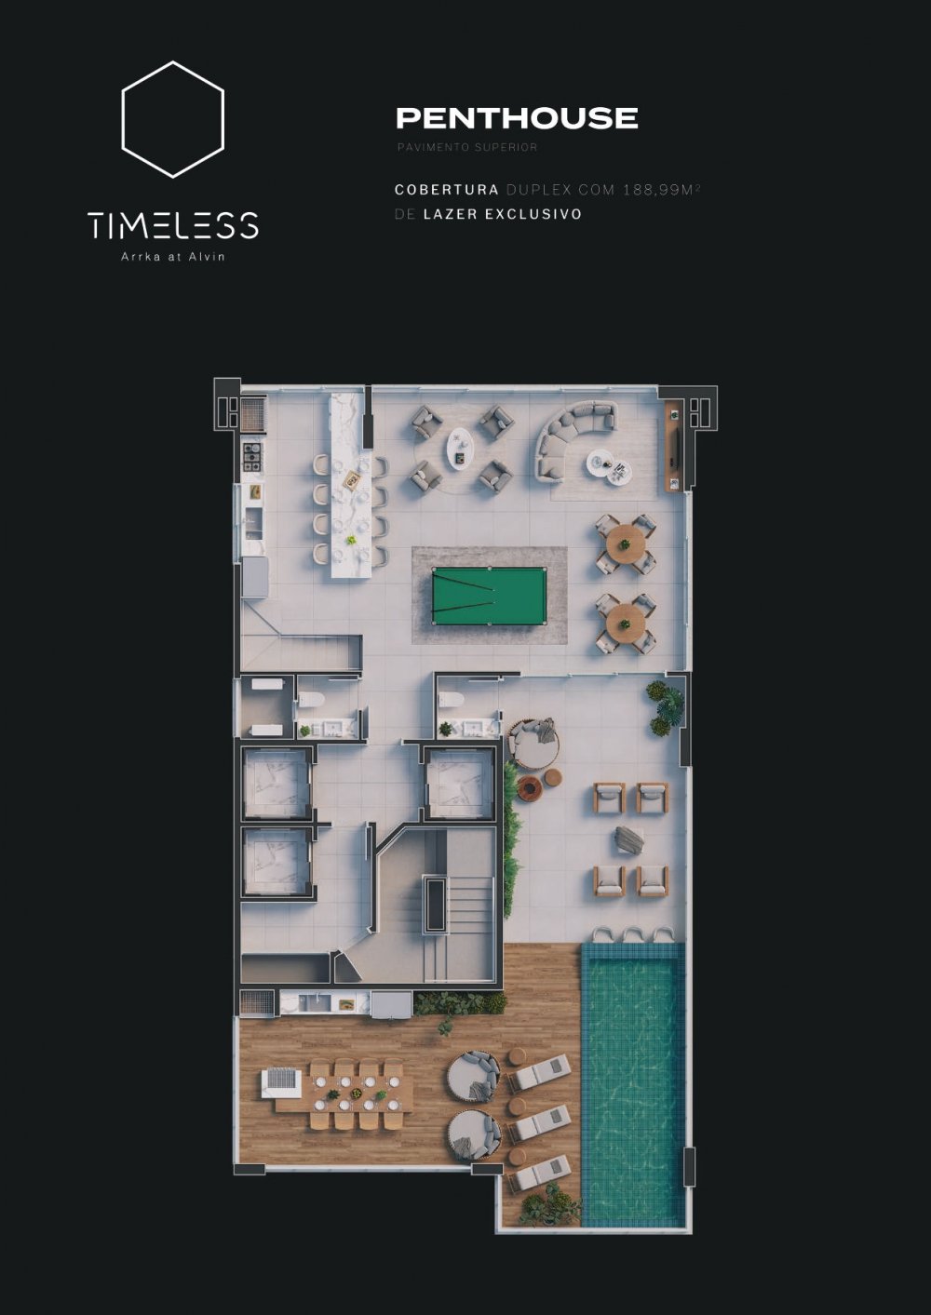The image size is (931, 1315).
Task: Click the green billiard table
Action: pyautogui.click(x=490, y=596)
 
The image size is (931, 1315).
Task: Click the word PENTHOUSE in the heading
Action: pyautogui.click(x=517, y=118)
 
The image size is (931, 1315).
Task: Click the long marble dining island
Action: pyautogui.click(x=351, y=484)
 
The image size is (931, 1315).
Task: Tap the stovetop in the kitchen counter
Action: pyautogui.click(x=253, y=457)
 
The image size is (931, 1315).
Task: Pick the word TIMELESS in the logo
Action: pyautogui.click(x=173, y=225)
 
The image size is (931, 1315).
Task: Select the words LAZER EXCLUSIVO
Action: pyautogui.click(x=503, y=214)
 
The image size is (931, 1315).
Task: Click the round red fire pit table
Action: pyautogui.click(x=530, y=789)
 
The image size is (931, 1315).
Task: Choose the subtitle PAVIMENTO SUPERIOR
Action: pyautogui.click(x=467, y=147)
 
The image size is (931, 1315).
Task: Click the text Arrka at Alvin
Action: pyautogui.click(x=172, y=257)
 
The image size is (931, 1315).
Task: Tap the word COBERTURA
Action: pyautogui.click(x=446, y=190)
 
